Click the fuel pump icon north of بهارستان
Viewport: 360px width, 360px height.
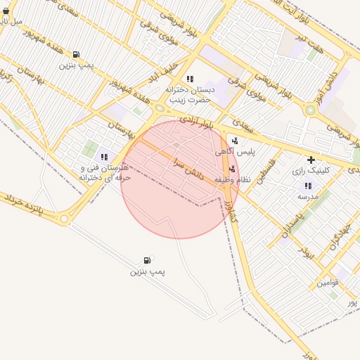(76, 54)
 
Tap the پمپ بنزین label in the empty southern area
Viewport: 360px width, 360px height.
(147, 271)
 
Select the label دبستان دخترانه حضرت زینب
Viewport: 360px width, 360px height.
(188, 95)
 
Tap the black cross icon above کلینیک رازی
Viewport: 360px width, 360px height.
(311, 160)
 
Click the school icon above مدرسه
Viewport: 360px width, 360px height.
(307, 186)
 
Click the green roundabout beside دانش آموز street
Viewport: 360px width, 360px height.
(310, 110)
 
